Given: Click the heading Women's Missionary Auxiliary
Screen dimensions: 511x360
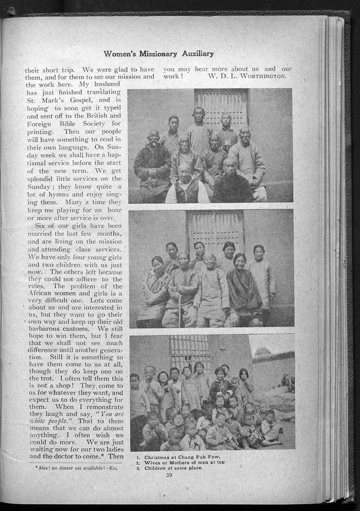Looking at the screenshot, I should [x=159, y=54].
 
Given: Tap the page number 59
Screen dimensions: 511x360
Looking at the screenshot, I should [x=169, y=474].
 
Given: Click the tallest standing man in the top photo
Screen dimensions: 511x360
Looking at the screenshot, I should [x=199, y=130].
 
